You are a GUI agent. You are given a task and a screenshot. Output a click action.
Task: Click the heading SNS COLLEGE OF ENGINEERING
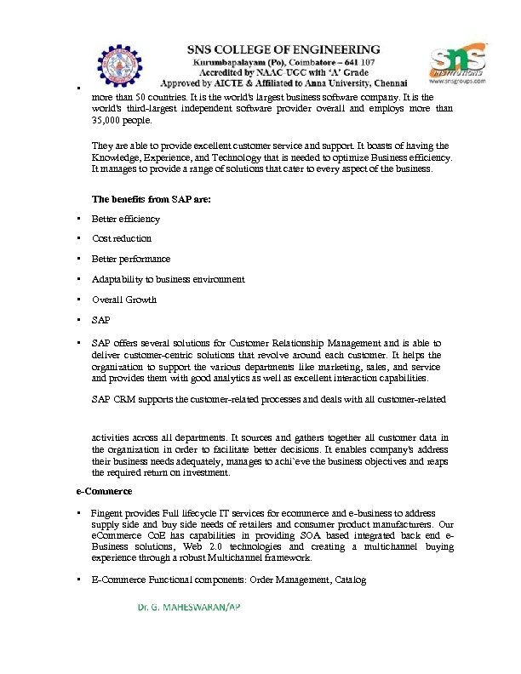pyautogui.click(x=284, y=50)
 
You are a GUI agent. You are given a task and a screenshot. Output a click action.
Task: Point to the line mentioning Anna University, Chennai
pyautogui.click(x=284, y=84)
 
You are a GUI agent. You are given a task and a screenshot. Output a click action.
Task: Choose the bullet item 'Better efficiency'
pyautogui.click(x=125, y=219)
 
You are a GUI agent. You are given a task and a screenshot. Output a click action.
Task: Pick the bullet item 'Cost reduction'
pyautogui.click(x=122, y=238)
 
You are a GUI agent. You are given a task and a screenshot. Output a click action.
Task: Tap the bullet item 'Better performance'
pyautogui.click(x=130, y=259)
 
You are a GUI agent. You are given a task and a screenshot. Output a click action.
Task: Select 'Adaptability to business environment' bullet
pyautogui.click(x=168, y=279)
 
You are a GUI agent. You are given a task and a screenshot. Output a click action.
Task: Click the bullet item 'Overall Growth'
pyautogui.click(x=124, y=300)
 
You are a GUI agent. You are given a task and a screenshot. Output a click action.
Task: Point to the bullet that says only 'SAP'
pyautogui.click(x=100, y=320)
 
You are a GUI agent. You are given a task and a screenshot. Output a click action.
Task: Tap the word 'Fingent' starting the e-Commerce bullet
pyautogui.click(x=106, y=513)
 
